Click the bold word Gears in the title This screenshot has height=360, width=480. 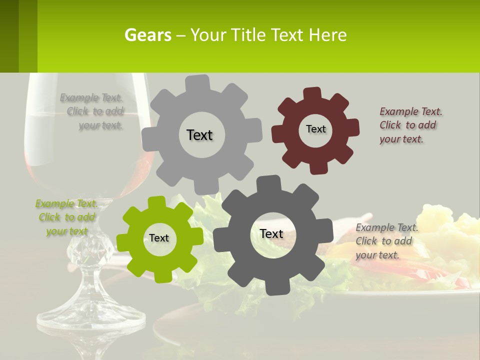click(147, 35)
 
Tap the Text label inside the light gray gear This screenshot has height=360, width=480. click(199, 135)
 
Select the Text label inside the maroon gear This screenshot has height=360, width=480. click(315, 129)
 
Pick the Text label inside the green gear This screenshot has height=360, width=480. click(159, 238)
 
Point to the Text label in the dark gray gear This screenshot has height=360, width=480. click(271, 233)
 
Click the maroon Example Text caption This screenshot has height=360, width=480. click(410, 125)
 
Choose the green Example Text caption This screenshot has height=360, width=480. click(66, 217)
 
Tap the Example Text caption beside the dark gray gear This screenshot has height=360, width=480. click(386, 241)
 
